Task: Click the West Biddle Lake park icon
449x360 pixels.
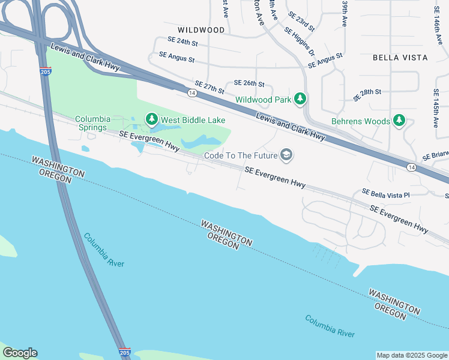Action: [x=152, y=120]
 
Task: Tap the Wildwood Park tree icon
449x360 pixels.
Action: [x=301, y=99]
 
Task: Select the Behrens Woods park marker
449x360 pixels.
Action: [x=399, y=121]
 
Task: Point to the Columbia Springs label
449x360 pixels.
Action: [x=91, y=123]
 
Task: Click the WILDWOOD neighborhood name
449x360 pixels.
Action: [x=201, y=29]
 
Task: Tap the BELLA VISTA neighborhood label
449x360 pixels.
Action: [x=400, y=58]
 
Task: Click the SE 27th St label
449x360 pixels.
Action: [x=209, y=88]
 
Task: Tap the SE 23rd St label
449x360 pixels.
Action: [x=301, y=20]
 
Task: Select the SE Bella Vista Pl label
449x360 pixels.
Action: [x=385, y=194]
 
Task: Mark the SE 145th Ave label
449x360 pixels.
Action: [x=436, y=109]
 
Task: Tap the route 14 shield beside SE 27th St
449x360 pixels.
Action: [x=191, y=93]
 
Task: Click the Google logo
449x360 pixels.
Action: [x=20, y=353]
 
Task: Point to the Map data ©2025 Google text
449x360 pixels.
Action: [x=411, y=355]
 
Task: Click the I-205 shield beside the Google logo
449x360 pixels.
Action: [x=124, y=352]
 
